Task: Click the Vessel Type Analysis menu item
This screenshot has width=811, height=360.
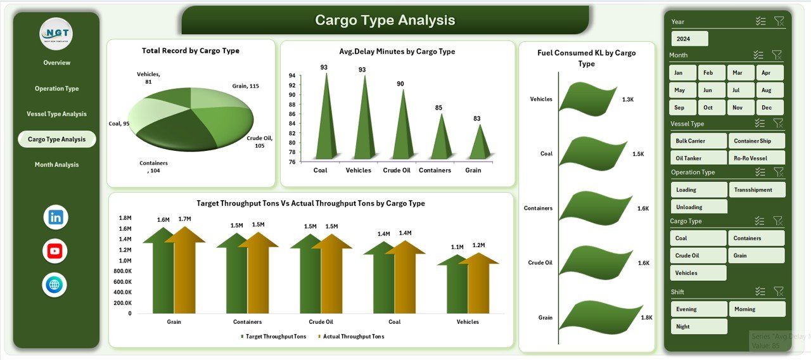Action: [x=56, y=114]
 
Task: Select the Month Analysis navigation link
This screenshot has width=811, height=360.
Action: [x=56, y=165]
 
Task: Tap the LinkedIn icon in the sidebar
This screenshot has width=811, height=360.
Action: [x=56, y=217]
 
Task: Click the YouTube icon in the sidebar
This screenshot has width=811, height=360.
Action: [x=55, y=251]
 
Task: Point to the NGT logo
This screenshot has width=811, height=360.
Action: [x=56, y=34]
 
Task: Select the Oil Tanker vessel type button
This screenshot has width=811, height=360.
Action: [x=698, y=158]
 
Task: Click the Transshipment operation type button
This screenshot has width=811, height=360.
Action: [x=757, y=190]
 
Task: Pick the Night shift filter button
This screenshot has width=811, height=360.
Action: [x=698, y=326]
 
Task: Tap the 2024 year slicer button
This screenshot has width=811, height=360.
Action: [x=689, y=39]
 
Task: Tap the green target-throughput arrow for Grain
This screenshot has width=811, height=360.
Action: [x=161, y=273]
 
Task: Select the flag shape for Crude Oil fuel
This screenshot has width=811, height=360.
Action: [x=588, y=260]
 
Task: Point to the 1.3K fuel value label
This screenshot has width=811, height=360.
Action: [x=628, y=100]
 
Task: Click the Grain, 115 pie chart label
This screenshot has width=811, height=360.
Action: [x=246, y=86]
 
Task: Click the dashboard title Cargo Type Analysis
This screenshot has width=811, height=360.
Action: [x=385, y=20]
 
